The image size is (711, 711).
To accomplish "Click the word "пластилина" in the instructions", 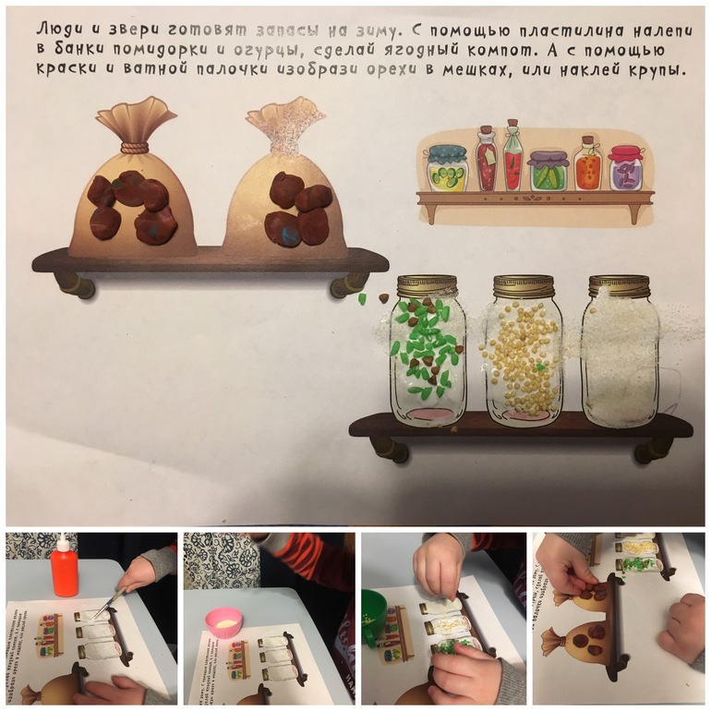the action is tap(569, 30).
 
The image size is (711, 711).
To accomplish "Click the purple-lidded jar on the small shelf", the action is tap(548, 171).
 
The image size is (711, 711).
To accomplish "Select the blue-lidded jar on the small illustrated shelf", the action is tap(446, 167).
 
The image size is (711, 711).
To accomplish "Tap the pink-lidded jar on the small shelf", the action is tap(627, 168).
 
